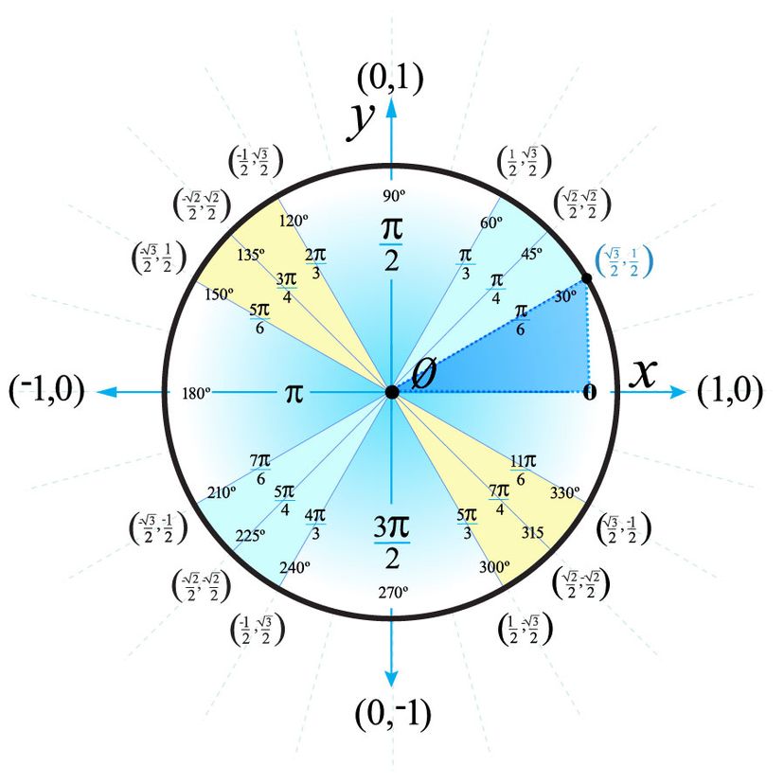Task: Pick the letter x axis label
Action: point(643,375)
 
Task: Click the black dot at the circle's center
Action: point(391,392)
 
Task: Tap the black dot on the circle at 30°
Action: point(586,278)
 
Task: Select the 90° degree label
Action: point(392,196)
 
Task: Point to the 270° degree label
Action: point(392,591)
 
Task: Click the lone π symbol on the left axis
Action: point(294,392)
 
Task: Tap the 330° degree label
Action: point(564,492)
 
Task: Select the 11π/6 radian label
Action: point(523,469)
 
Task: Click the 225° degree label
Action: point(251,534)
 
